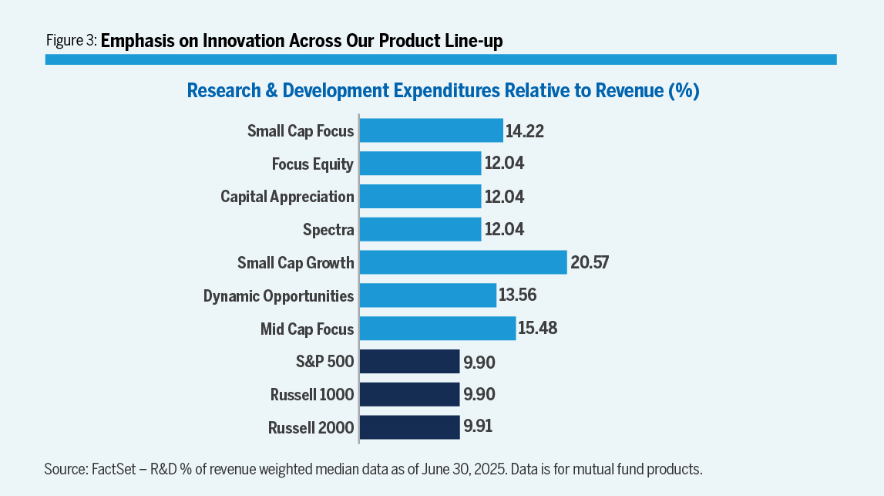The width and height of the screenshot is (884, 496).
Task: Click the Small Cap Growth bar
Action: click(x=463, y=262)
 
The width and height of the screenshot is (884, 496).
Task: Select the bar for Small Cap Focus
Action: click(x=431, y=130)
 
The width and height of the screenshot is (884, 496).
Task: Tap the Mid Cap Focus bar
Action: click(x=437, y=329)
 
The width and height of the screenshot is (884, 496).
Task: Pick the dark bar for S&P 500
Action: click(x=410, y=362)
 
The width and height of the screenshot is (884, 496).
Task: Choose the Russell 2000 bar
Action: click(x=410, y=427)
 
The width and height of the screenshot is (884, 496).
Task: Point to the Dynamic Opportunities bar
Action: click(x=428, y=295)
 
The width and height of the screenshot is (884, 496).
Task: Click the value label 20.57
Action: click(x=590, y=262)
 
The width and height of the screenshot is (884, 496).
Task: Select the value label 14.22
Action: click(x=525, y=131)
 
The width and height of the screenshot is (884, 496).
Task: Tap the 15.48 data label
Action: click(x=538, y=329)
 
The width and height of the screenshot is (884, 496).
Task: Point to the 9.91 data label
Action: click(x=479, y=427)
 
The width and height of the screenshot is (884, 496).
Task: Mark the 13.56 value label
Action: click(x=518, y=295)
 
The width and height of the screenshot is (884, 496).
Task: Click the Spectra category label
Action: click(x=328, y=230)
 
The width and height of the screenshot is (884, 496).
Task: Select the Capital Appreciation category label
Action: click(x=287, y=197)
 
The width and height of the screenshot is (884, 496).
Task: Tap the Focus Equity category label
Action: click(x=313, y=164)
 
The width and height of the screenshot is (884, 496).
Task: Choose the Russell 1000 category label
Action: click(x=312, y=395)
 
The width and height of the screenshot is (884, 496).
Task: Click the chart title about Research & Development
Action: click(x=442, y=91)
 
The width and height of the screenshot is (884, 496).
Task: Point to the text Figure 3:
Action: click(x=71, y=42)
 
